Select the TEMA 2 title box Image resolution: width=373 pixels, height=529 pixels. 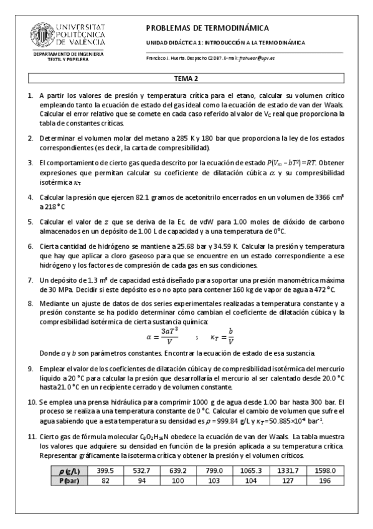click(x=186, y=79)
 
